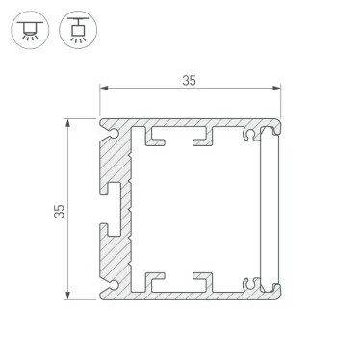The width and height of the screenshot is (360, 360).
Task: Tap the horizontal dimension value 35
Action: [x=189, y=81]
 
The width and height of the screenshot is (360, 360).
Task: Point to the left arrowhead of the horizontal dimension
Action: [x=104, y=91]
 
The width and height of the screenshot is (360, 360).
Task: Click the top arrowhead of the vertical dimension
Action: [x=68, y=122]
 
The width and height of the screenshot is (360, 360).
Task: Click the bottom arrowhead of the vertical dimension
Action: [x=68, y=296]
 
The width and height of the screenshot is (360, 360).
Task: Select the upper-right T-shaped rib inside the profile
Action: [x=202, y=137]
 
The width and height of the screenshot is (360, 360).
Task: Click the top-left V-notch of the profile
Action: [x=103, y=125]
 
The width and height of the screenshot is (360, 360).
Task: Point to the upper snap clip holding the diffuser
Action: [x=252, y=133]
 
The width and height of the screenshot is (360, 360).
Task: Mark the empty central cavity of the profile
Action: [x=193, y=209]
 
